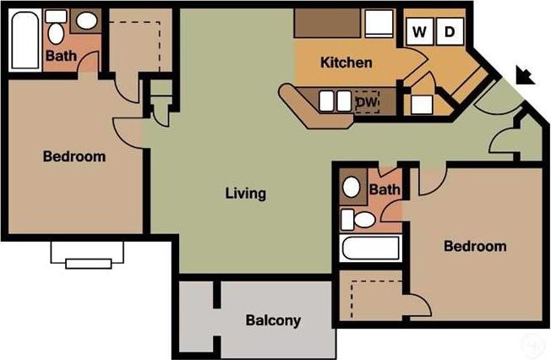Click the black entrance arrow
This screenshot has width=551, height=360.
526,77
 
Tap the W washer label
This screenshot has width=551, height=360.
418,32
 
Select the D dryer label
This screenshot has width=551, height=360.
450,32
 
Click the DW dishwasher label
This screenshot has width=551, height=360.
366,102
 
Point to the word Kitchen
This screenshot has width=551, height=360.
346,63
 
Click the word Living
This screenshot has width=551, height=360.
246,194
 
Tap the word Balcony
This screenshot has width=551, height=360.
273,321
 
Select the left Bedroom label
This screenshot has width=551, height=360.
74,156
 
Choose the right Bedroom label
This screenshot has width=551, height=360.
475,247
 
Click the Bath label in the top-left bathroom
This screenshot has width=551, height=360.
60,57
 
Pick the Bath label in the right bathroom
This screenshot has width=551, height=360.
385,190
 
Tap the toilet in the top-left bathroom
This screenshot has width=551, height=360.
57,32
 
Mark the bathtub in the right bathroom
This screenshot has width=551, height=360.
370,248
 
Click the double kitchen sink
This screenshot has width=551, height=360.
335,101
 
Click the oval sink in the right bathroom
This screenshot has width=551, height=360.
351,187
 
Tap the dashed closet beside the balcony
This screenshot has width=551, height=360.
372,298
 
